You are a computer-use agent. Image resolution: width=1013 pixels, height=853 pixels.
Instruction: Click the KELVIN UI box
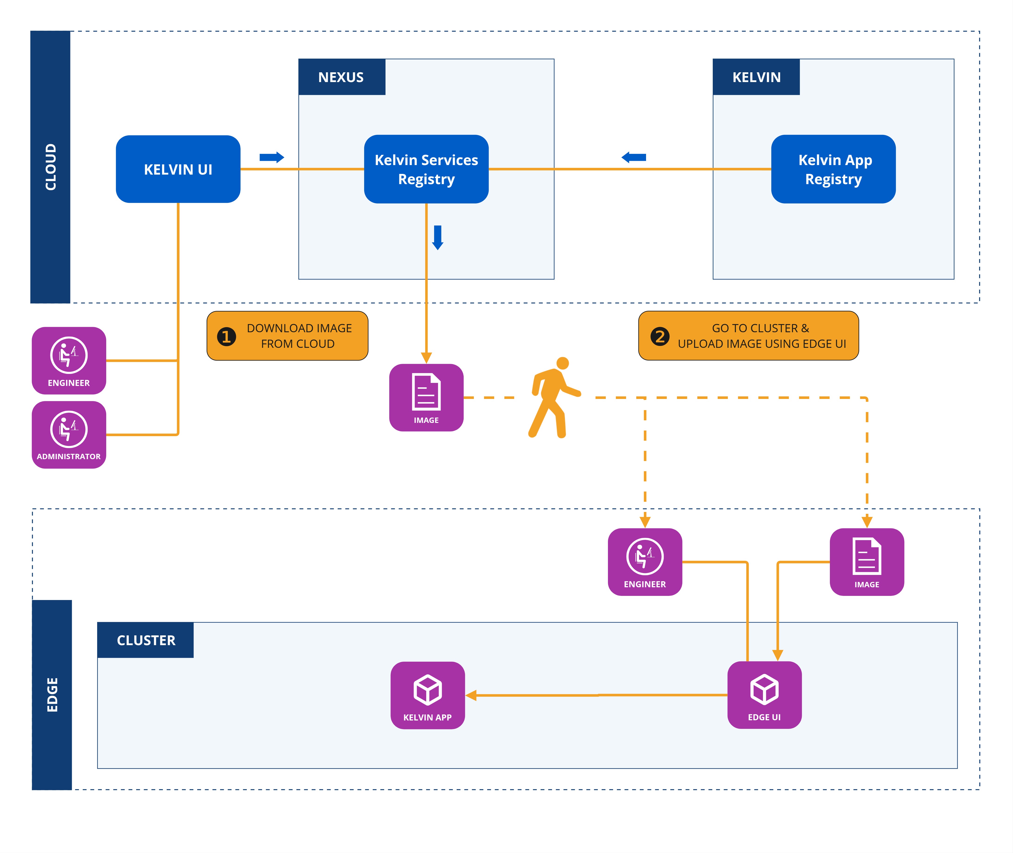point(178,169)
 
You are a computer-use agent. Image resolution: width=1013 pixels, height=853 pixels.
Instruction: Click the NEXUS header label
point(341,77)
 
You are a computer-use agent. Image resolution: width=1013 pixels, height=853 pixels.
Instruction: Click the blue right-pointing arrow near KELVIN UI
point(272,157)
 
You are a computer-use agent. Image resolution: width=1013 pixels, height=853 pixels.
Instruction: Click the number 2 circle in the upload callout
point(660,337)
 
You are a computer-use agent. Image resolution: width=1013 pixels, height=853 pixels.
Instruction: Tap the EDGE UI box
point(764,695)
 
